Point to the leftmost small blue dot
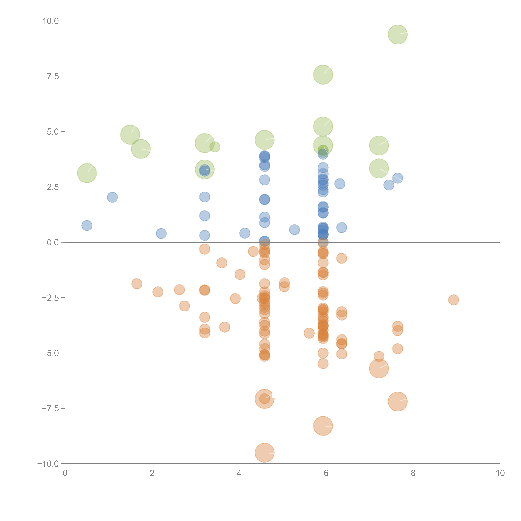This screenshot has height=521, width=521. click(x=87, y=225)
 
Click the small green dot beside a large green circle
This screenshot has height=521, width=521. click(x=215, y=147)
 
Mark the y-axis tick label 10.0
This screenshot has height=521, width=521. click(x=51, y=21)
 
